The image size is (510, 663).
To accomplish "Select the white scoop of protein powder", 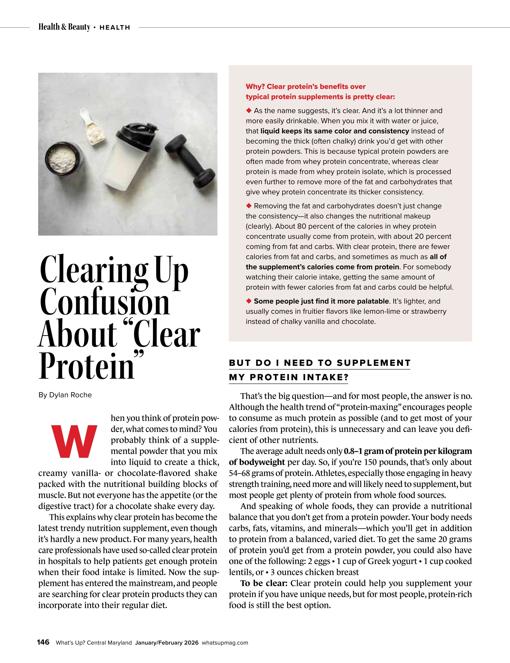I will pyautogui.click(x=93, y=127).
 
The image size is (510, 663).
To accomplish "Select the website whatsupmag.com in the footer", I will pyautogui.click(x=225, y=643).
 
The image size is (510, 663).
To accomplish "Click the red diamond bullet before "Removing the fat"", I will pyautogui.click(x=249, y=206).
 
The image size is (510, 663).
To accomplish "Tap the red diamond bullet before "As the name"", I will pyautogui.click(x=249, y=111).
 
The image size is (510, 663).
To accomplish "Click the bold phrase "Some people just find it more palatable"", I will pyautogui.click(x=321, y=301).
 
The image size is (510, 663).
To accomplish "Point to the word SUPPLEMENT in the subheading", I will pyautogui.click(x=374, y=363).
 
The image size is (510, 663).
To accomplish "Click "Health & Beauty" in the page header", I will pyautogui.click(x=64, y=27).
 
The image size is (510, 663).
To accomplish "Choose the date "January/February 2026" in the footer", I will pyautogui.click(x=167, y=643).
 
